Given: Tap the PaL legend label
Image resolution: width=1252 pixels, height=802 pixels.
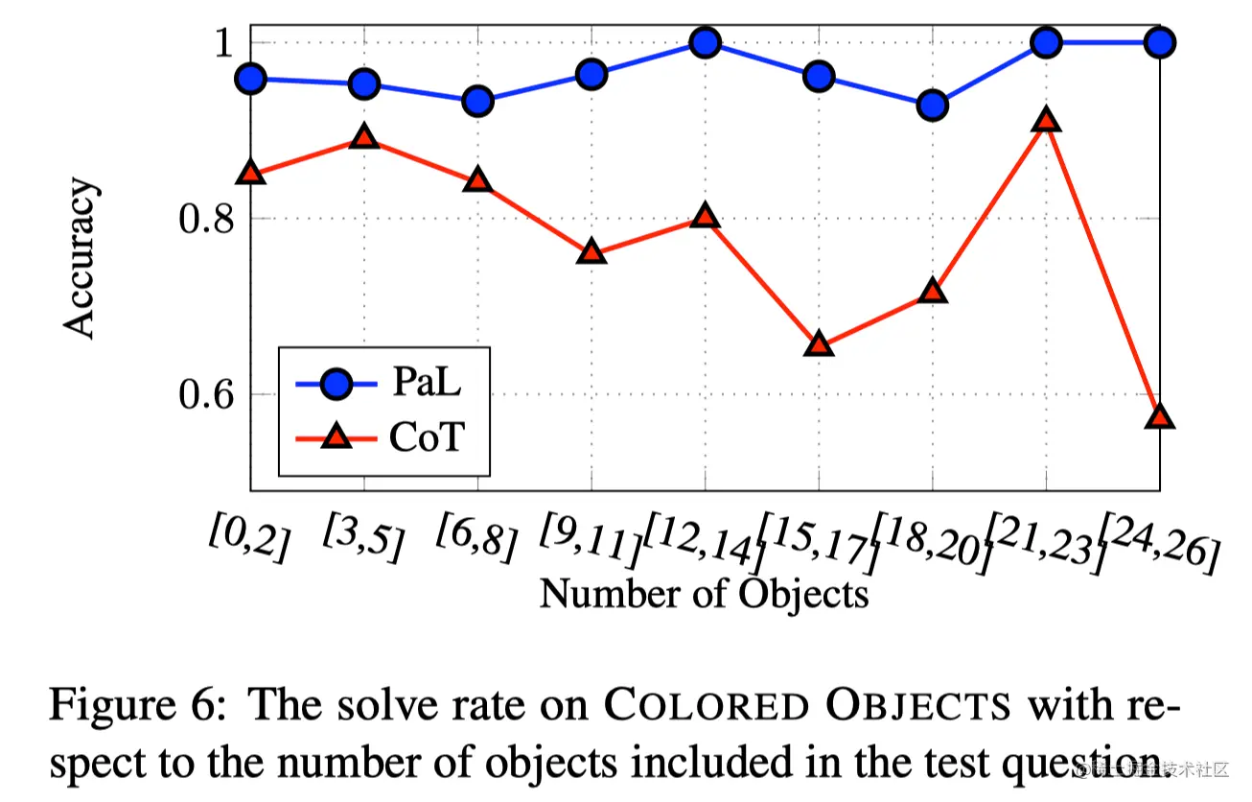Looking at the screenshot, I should click(x=426, y=385).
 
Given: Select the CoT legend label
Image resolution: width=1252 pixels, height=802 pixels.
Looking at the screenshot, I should click(x=427, y=438).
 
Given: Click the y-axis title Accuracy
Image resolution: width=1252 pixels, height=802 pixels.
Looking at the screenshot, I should click(x=81, y=258).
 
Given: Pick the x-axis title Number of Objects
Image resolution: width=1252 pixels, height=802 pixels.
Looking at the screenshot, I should click(x=704, y=594).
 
